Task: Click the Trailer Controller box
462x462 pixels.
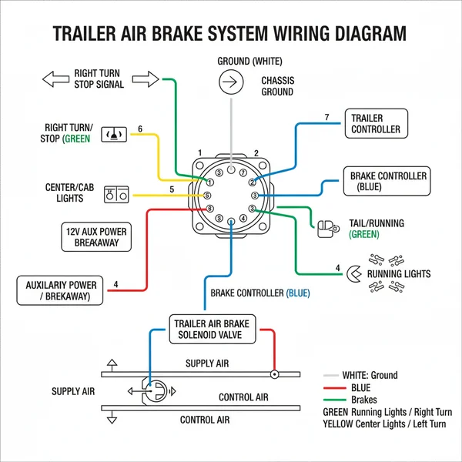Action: coord(376,124)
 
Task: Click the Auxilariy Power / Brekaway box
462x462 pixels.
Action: coord(61,291)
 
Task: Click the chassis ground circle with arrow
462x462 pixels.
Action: coord(228,81)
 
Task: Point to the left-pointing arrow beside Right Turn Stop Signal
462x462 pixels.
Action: coord(55,79)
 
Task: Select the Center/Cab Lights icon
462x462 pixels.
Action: coord(114,195)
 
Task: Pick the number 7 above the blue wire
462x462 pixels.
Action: coord(326,118)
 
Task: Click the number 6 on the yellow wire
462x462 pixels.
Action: coord(140,129)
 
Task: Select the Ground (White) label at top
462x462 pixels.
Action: coord(228,61)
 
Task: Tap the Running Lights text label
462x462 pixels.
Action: coord(399,274)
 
